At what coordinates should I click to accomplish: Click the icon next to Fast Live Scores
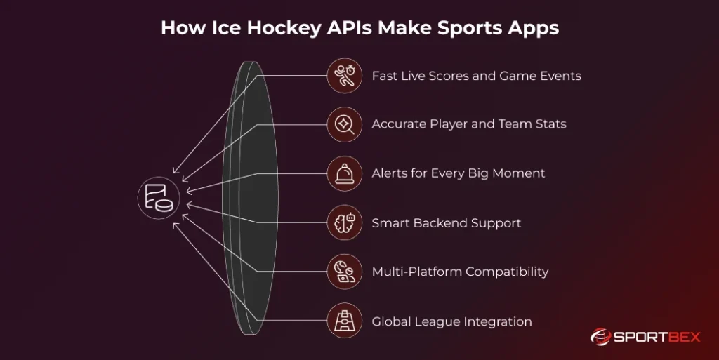pos(345,75)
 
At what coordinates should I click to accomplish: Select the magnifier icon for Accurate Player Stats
pos(345,124)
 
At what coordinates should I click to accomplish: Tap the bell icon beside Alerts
pos(345,173)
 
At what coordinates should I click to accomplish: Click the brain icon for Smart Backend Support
pos(345,223)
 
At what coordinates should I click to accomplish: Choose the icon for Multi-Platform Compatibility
pos(345,272)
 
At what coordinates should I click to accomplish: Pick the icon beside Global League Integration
pos(345,321)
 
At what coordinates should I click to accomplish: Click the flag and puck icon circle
pos(158,198)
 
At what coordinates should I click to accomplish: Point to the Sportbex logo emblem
pos(602,338)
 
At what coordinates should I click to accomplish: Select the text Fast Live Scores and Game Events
pos(476,76)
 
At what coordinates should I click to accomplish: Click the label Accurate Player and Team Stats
pos(468,124)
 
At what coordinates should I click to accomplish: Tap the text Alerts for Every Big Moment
pos(458,173)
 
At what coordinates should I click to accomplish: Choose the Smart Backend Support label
pos(446,223)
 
